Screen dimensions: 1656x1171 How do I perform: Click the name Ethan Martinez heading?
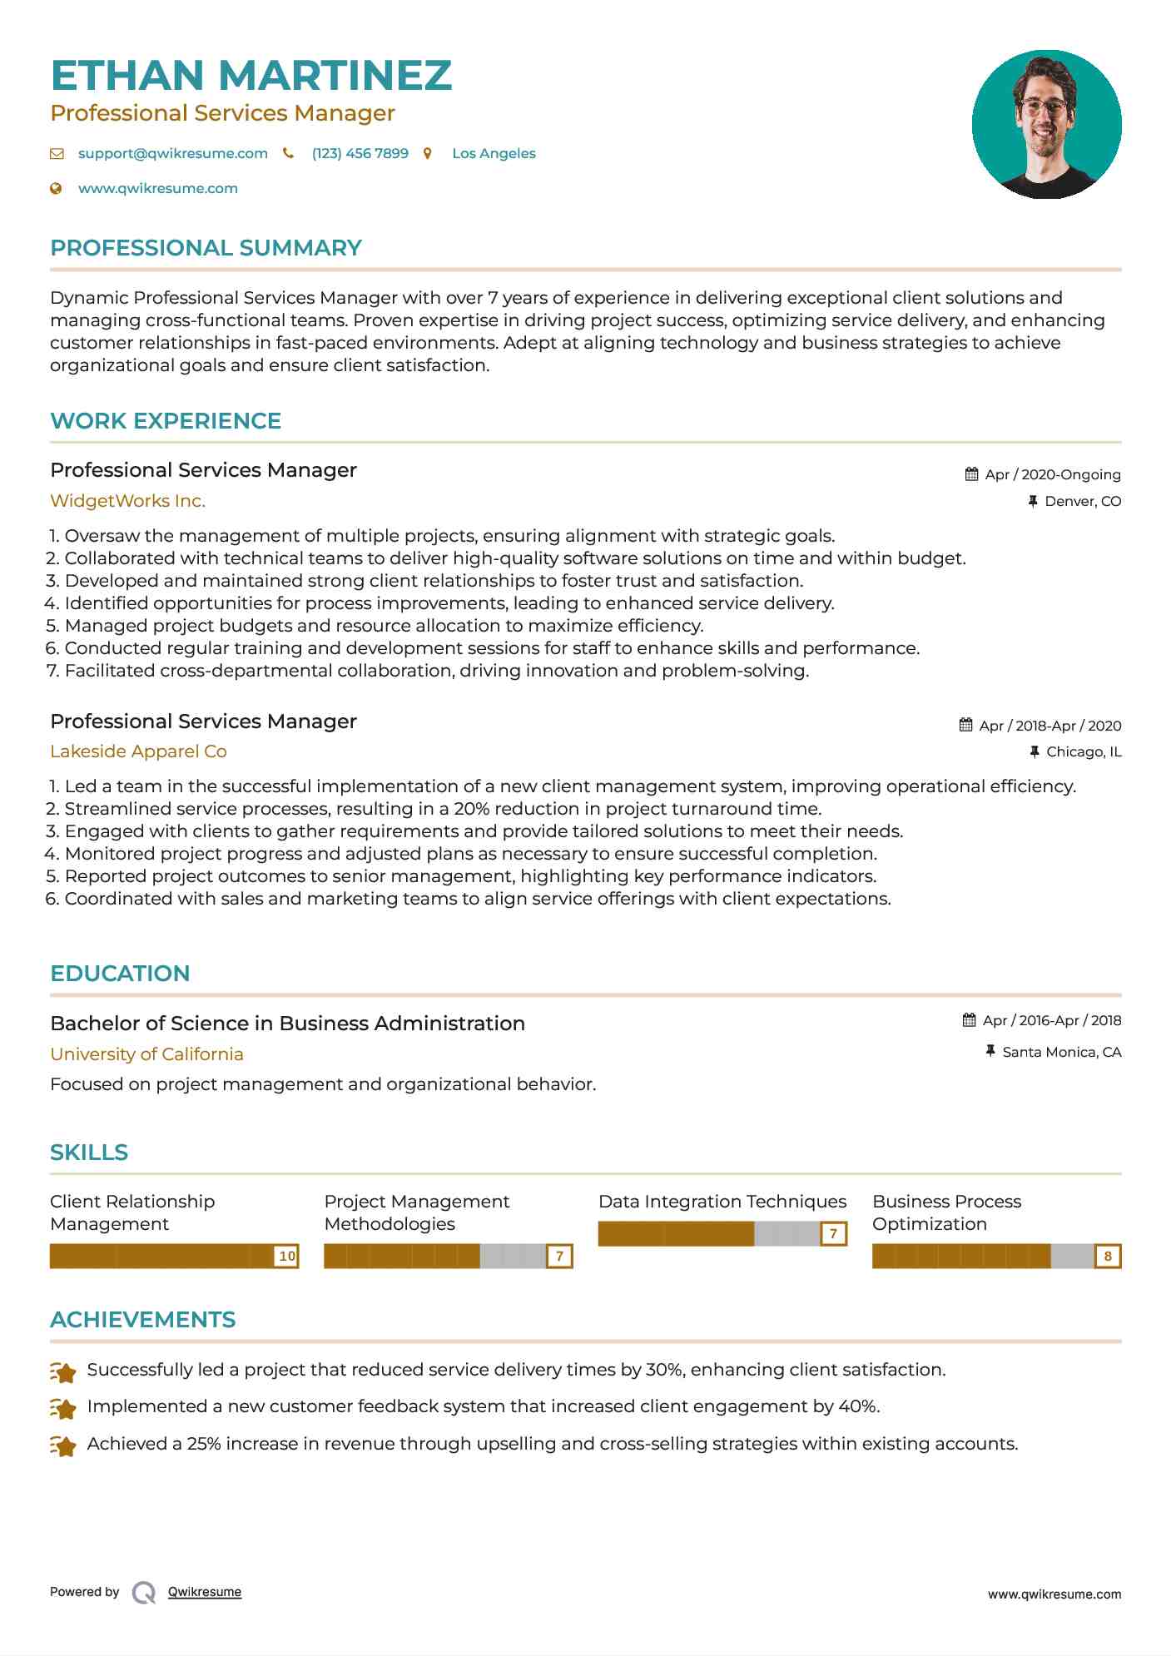point(251,76)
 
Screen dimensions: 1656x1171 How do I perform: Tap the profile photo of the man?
point(1046,125)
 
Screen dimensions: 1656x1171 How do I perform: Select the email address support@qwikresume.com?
point(172,153)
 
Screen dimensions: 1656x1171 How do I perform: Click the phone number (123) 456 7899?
point(360,153)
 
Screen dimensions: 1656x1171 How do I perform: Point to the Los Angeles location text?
point(494,153)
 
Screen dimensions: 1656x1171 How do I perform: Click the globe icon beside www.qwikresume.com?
point(56,188)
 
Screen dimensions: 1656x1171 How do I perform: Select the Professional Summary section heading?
point(206,248)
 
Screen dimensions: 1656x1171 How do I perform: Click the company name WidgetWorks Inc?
point(127,501)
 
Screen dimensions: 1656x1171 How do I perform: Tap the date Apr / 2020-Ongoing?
point(1052,474)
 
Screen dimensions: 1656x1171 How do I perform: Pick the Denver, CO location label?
point(1082,501)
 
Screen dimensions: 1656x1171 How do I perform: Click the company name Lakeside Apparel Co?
point(138,751)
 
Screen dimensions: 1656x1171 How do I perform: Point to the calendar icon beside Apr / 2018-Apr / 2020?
point(965,725)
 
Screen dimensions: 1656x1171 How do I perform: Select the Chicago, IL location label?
point(1083,751)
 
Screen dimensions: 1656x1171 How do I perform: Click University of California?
point(146,1054)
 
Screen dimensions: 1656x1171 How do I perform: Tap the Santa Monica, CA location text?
point(1061,1052)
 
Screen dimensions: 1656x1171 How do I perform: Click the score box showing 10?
point(286,1256)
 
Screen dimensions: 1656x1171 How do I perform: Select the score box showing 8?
point(1107,1256)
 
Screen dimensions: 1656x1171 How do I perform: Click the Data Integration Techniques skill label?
point(722,1202)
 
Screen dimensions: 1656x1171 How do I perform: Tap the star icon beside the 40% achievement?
point(63,1408)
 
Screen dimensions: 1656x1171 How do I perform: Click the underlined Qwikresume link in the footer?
point(204,1592)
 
